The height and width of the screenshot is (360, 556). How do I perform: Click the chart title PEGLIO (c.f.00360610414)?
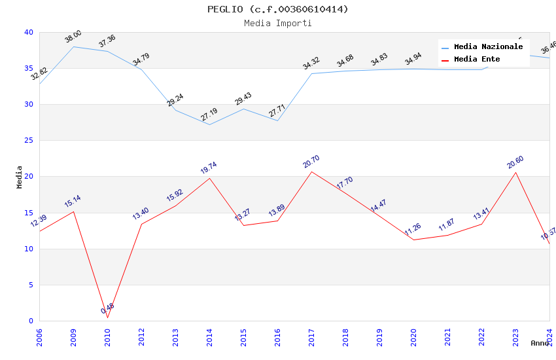pos(278,9)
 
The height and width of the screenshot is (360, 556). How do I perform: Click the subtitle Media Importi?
pos(278,23)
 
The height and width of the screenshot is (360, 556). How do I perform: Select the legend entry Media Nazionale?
pos(488,47)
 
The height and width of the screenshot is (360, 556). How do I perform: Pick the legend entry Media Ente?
pos(477,60)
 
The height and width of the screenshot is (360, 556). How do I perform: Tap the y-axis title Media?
pos(20,177)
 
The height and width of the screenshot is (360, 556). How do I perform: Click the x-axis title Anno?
pos(540,343)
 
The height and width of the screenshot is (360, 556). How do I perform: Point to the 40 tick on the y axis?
pos(28,33)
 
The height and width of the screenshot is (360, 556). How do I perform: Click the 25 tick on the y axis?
pos(28,141)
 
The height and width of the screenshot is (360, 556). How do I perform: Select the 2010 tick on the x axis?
pos(108,336)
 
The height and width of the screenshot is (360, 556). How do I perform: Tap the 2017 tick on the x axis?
pos(312,336)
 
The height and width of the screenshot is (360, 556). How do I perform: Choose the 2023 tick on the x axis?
pos(516,336)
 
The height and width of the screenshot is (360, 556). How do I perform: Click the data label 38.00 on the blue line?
pos(73,37)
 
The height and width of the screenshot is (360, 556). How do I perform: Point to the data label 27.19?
pos(209,115)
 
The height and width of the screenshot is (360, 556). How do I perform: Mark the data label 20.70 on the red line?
pos(311,162)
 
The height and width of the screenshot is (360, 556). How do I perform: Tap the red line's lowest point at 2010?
pos(107,318)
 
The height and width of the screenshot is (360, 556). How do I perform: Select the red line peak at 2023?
pos(515,172)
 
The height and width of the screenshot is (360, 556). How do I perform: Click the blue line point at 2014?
pos(209,124)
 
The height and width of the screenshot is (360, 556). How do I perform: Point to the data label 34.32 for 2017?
pos(311,63)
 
